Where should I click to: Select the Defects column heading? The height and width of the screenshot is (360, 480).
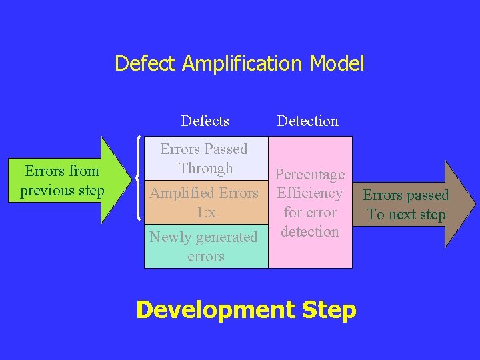[205, 121]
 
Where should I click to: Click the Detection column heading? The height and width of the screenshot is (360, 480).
[307, 121]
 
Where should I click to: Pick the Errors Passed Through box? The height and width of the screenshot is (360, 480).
[205, 159]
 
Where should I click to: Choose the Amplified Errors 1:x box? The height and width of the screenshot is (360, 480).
[205, 202]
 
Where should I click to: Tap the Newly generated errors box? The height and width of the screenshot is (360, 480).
[205, 246]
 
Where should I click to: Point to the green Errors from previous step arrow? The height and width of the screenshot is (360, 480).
[67, 180]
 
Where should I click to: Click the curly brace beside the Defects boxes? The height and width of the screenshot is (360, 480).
[137, 179]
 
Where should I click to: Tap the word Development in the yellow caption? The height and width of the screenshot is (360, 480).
[206, 310]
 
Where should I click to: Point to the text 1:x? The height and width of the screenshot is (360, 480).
[205, 213]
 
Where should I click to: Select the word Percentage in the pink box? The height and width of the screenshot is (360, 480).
[310, 175]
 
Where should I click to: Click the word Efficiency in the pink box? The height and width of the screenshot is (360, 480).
[310, 193]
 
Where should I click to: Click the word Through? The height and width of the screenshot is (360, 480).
[205, 168]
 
